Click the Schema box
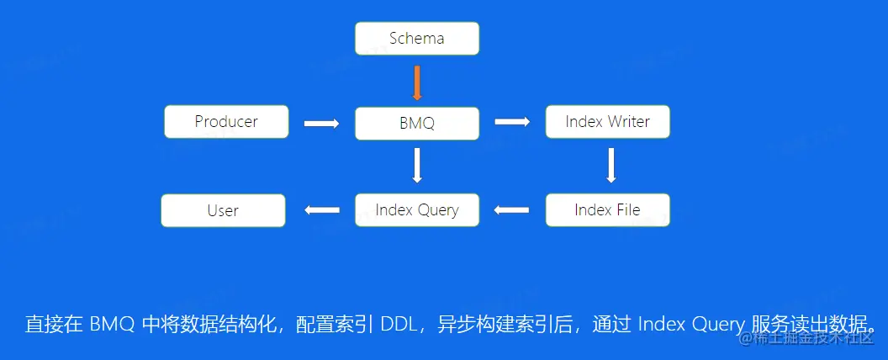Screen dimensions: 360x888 coord(416,39)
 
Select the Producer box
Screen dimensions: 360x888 coord(226,122)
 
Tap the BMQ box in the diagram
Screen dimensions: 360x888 coord(417,124)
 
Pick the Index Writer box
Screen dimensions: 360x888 coord(607,122)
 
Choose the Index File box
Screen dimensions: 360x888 coord(607,210)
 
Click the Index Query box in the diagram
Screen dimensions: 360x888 coord(417,210)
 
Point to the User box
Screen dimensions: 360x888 coord(223,210)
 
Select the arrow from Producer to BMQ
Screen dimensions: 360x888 coord(321,124)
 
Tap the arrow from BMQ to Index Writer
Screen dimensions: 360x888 coord(512,122)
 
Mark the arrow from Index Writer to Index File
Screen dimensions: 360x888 coord(611,166)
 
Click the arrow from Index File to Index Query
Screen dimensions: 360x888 coord(512,210)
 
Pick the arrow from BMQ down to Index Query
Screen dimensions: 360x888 coord(417,166)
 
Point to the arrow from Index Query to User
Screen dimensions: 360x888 coord(321,210)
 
